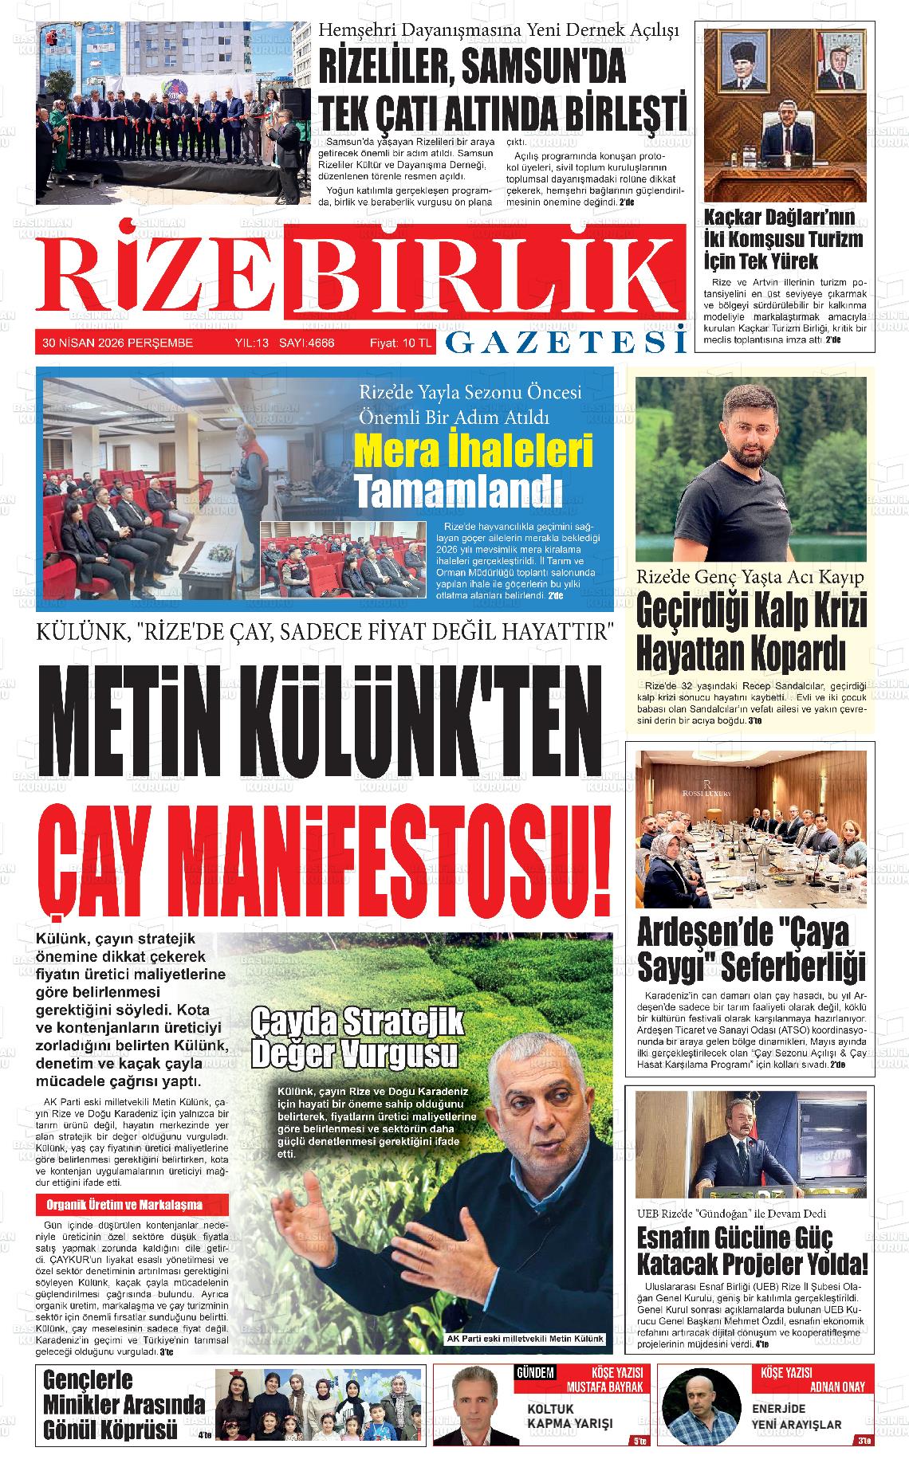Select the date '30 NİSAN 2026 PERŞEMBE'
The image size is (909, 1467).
point(118,343)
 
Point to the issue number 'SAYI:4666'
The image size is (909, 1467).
point(306,343)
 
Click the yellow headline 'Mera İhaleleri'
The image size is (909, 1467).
point(474,452)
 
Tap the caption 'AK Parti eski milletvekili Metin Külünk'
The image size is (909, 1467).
point(525,1339)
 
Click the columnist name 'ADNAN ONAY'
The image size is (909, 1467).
point(836,1387)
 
